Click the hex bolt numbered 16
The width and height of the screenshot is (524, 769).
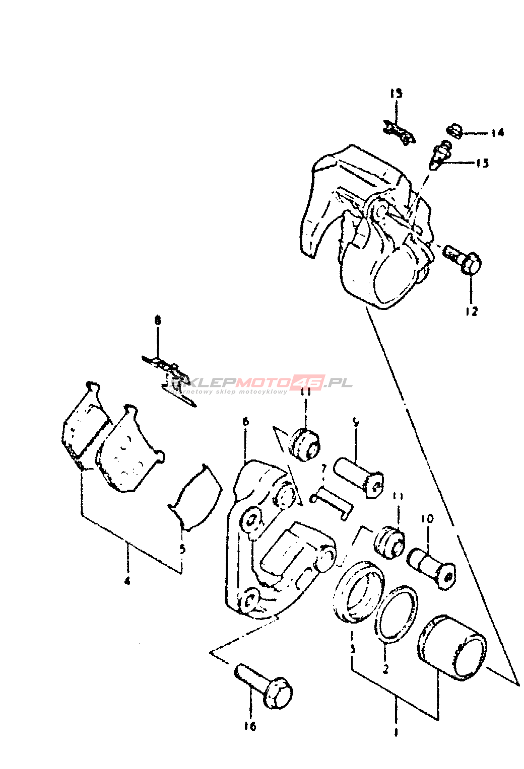pyautogui.click(x=264, y=685)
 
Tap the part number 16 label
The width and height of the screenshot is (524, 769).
pyautogui.click(x=250, y=726)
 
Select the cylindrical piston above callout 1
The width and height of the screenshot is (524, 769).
pyautogui.click(x=451, y=647)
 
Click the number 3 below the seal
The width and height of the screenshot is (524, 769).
pyautogui.click(x=353, y=649)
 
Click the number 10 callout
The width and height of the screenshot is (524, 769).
pyautogui.click(x=427, y=518)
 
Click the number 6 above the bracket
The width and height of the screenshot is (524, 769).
pyautogui.click(x=245, y=421)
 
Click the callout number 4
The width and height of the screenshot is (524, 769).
pyautogui.click(x=127, y=580)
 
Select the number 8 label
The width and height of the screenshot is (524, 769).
pyautogui.click(x=158, y=320)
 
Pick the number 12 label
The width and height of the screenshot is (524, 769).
pyautogui.click(x=471, y=312)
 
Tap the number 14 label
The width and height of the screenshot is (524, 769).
pyautogui.click(x=497, y=132)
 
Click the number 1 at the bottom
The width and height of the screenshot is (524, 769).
pyautogui.click(x=396, y=732)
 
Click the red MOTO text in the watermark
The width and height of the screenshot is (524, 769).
pyautogui.click(x=265, y=382)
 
